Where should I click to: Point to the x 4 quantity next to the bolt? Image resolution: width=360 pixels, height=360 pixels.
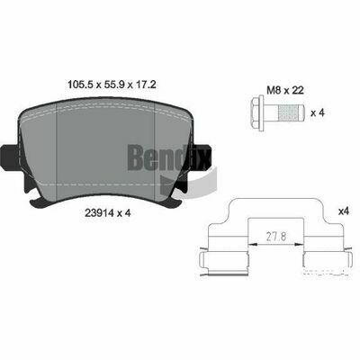317,113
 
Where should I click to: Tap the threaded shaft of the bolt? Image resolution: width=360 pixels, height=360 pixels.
285,113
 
